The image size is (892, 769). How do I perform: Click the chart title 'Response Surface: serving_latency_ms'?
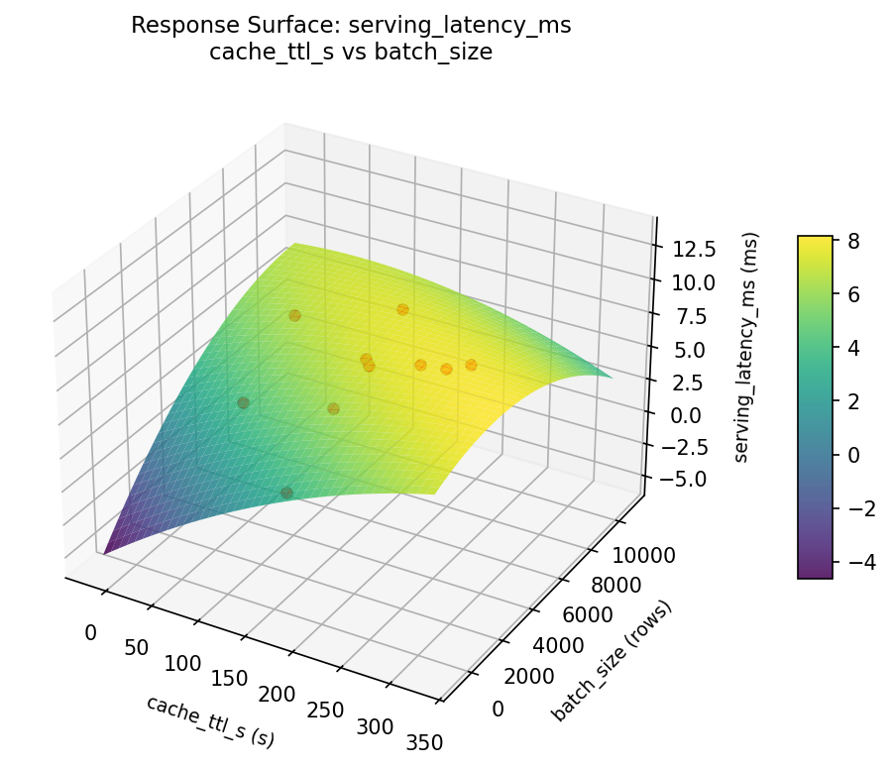point(351,27)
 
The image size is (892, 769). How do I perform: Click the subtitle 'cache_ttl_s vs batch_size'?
point(351,53)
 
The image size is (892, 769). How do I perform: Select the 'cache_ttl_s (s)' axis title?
point(210,720)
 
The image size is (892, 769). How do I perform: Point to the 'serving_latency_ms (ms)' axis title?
point(752,347)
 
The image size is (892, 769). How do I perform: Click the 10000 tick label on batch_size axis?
point(644,555)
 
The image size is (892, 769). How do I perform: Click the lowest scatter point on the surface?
point(286,493)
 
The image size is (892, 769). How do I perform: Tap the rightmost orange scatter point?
point(471,365)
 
